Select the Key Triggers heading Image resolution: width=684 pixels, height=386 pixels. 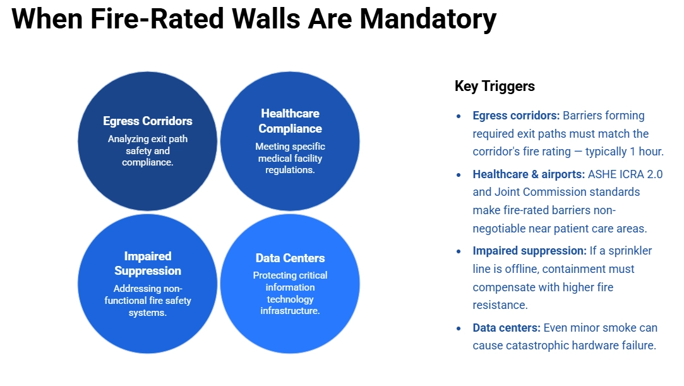tap(495, 87)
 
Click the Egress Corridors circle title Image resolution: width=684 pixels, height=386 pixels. tap(148, 121)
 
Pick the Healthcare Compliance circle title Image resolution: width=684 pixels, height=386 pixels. tap(290, 121)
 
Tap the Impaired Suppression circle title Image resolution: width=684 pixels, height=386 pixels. tap(148, 263)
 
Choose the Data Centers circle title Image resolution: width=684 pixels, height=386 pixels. tap(290, 258)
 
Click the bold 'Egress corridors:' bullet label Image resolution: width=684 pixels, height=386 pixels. tap(516, 116)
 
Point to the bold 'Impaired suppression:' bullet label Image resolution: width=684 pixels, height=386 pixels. tap(530, 251)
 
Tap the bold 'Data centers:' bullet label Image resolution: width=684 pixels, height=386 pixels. tap(507, 328)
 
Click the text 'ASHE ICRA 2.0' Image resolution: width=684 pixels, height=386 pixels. tap(626, 174)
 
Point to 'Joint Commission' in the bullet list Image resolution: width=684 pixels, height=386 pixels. tap(532, 192)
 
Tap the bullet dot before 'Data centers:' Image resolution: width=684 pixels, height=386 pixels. tap(459, 329)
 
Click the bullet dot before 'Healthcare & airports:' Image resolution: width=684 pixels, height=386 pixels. tap(459, 174)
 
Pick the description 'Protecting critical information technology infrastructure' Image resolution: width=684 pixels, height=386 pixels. tap(290, 293)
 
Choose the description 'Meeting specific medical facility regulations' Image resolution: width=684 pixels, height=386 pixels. tap(290, 158)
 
